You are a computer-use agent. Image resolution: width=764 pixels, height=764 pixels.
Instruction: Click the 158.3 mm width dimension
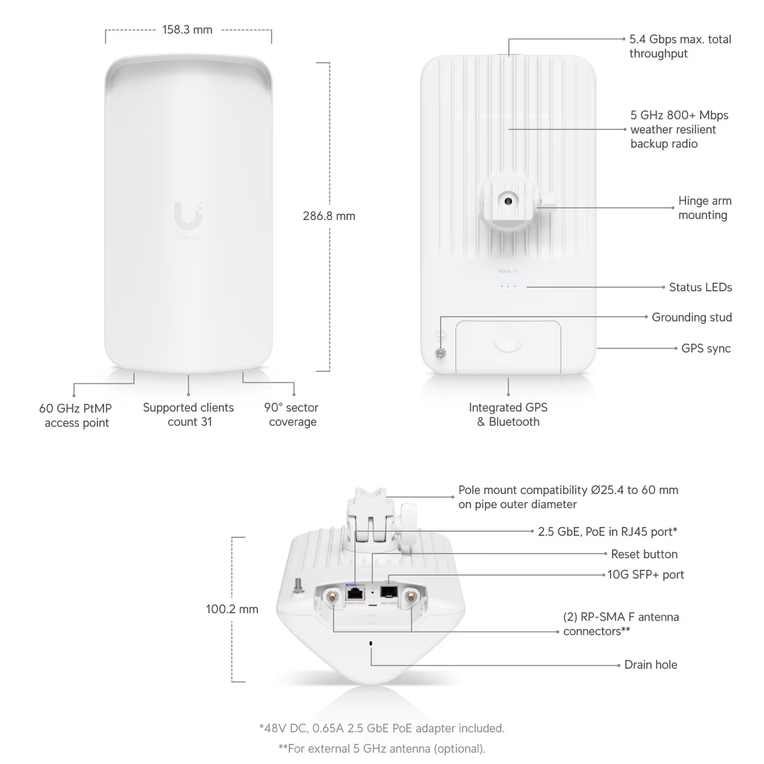187,30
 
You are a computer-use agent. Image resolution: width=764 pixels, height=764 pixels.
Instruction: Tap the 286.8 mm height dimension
329,216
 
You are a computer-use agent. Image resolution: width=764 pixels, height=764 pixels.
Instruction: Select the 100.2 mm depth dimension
232,609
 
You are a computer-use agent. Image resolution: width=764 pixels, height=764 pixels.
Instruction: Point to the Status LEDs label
700,287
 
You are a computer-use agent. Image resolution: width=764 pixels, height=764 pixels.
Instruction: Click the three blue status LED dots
508,286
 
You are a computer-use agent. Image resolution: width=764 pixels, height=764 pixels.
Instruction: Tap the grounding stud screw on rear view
440,353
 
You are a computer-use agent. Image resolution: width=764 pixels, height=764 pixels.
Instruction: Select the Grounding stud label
692,317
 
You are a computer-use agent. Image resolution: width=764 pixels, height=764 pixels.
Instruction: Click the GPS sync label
706,348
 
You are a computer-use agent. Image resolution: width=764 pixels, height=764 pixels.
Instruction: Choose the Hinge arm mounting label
704,208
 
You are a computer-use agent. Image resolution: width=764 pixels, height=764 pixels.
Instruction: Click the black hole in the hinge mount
508,201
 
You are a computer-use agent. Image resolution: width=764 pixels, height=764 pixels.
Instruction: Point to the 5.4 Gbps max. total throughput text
680,47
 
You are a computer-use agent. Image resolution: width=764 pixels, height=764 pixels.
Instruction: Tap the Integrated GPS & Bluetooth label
508,415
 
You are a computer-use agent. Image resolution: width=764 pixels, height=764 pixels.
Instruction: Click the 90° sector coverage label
292,415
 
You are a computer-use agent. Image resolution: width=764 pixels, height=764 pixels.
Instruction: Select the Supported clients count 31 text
188,415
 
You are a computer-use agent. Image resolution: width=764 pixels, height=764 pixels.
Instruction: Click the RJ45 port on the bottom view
355,593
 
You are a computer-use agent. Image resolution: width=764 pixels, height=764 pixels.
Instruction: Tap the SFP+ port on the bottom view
389,591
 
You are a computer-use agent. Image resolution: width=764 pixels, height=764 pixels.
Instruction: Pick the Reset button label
644,554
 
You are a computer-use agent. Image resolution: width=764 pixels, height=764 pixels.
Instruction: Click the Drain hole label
650,665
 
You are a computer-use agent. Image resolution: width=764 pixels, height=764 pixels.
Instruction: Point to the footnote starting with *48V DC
382,728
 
